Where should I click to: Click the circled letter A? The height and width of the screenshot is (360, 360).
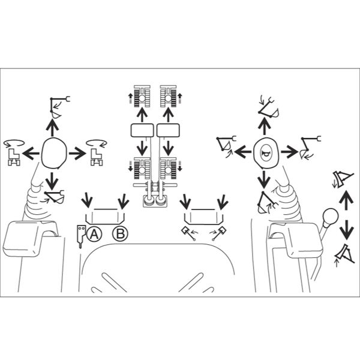94,234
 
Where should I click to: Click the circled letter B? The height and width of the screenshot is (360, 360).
120,234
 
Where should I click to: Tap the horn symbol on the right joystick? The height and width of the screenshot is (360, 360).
266,152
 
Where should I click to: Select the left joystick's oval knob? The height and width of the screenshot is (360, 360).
54,153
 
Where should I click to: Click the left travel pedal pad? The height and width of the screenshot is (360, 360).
142,130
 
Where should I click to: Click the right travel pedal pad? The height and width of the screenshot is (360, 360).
168,130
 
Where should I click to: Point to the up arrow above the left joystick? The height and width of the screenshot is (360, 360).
53,128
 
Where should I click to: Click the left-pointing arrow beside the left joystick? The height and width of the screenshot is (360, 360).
31,153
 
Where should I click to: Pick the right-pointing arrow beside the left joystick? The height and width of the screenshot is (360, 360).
77,153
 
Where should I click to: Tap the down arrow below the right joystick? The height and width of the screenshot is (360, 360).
264,179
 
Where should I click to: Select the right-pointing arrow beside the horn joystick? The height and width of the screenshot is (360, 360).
290,152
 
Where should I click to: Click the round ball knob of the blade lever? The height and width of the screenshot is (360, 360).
331,216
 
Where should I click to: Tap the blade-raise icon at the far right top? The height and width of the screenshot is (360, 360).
343,179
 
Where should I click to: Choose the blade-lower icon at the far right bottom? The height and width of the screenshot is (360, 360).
344,254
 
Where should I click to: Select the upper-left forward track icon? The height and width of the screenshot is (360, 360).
140,96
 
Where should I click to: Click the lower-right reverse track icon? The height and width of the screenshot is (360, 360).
170,168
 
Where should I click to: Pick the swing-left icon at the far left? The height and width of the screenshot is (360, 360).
14,152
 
